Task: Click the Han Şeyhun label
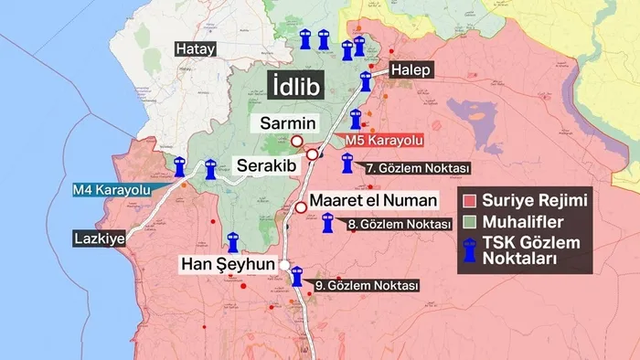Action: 228,266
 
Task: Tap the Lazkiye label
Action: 99,239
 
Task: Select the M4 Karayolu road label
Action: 111,191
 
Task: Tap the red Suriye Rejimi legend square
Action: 471,200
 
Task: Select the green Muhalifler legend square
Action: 471,222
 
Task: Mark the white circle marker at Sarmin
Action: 297,141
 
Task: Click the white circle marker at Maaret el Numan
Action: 301,208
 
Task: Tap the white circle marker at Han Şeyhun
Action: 285,266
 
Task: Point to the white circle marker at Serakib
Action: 313,154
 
